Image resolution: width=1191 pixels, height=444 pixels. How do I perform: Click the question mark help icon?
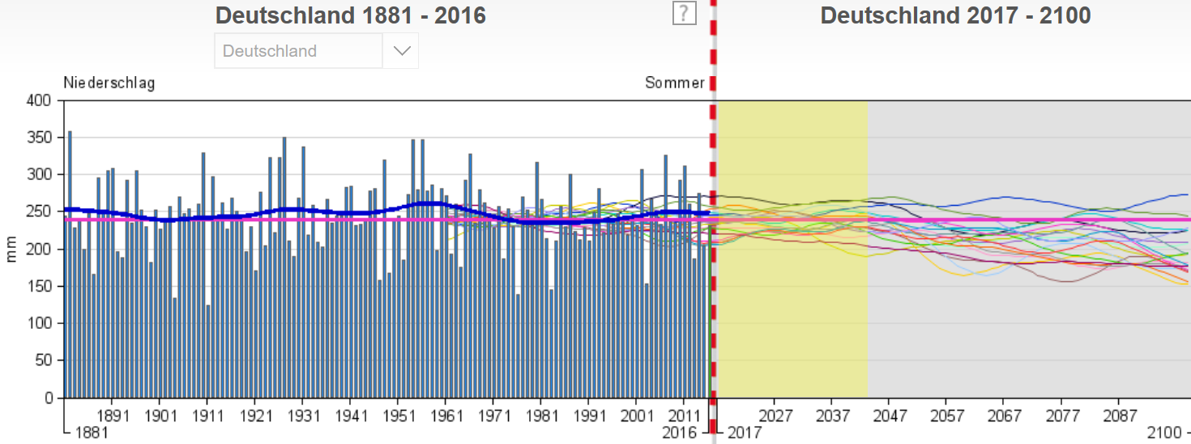point(685,13)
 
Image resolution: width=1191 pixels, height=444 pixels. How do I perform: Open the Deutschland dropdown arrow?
point(401,51)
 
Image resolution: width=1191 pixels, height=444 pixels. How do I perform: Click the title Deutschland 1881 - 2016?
point(351,15)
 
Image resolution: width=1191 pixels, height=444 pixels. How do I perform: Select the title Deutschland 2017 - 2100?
point(955,15)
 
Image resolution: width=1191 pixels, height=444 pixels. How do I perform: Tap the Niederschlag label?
point(109,83)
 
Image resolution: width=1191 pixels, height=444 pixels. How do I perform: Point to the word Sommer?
point(675,83)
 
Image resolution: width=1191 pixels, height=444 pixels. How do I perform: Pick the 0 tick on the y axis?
point(48,399)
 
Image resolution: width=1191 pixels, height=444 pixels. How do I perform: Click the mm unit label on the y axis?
point(11,250)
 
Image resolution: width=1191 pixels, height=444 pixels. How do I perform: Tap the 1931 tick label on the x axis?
point(302,415)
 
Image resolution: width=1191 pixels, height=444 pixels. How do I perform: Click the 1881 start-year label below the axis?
point(90,433)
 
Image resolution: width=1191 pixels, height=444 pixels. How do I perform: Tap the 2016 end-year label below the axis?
point(679,433)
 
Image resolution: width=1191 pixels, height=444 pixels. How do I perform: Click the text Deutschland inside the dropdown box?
point(269,51)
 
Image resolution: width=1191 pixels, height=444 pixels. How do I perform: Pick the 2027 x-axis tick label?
point(775,415)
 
